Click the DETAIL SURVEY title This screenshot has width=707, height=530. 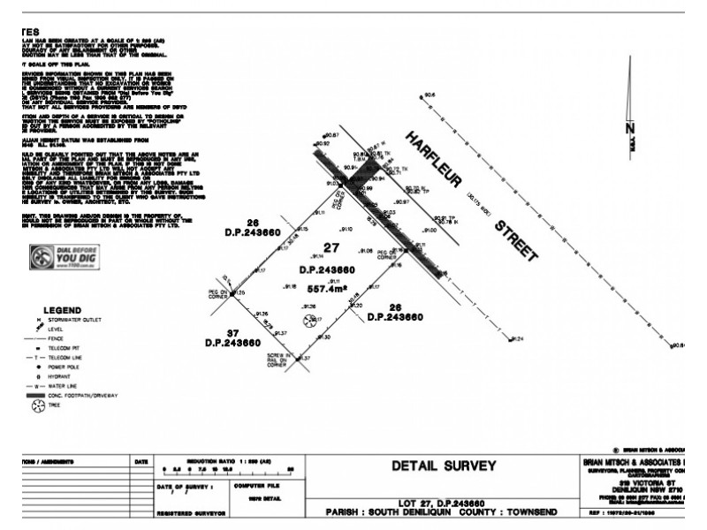[x=443, y=466]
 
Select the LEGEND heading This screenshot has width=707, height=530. [x=63, y=310]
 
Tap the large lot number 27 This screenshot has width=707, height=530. [x=331, y=248]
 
